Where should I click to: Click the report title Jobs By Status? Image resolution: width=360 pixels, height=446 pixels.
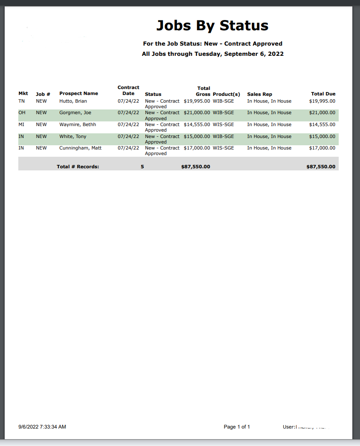(x=212, y=26)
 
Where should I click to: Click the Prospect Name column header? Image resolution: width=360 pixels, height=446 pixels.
(x=78, y=94)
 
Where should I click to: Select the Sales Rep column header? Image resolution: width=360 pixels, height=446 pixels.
(x=259, y=94)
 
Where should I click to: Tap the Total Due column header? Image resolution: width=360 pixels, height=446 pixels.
(x=323, y=94)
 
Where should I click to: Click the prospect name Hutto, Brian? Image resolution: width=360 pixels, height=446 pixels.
(x=73, y=101)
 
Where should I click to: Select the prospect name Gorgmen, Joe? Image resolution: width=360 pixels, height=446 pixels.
(x=75, y=113)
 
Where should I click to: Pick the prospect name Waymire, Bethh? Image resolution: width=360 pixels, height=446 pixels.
(x=78, y=125)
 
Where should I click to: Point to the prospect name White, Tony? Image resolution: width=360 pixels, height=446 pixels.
(x=73, y=137)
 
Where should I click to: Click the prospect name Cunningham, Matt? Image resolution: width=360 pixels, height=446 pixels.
(x=80, y=148)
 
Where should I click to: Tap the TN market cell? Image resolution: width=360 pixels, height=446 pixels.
(x=22, y=101)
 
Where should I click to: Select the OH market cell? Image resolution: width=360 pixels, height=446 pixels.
(x=22, y=113)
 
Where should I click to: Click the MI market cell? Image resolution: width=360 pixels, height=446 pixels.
(x=22, y=125)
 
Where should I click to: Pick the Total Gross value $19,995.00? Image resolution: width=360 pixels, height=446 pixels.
(x=197, y=101)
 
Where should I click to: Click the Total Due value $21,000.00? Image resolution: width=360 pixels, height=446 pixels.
(x=322, y=113)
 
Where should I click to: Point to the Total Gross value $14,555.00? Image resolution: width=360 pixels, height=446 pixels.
(x=197, y=125)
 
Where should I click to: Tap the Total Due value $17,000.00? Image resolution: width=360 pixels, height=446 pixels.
(x=322, y=148)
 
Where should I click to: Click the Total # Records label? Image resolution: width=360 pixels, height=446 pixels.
(x=78, y=167)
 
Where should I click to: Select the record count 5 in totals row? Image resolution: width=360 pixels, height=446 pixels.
(x=142, y=167)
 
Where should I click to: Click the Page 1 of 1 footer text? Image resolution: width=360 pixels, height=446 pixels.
(x=237, y=427)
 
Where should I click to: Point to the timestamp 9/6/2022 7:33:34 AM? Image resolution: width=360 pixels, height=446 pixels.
(x=42, y=427)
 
